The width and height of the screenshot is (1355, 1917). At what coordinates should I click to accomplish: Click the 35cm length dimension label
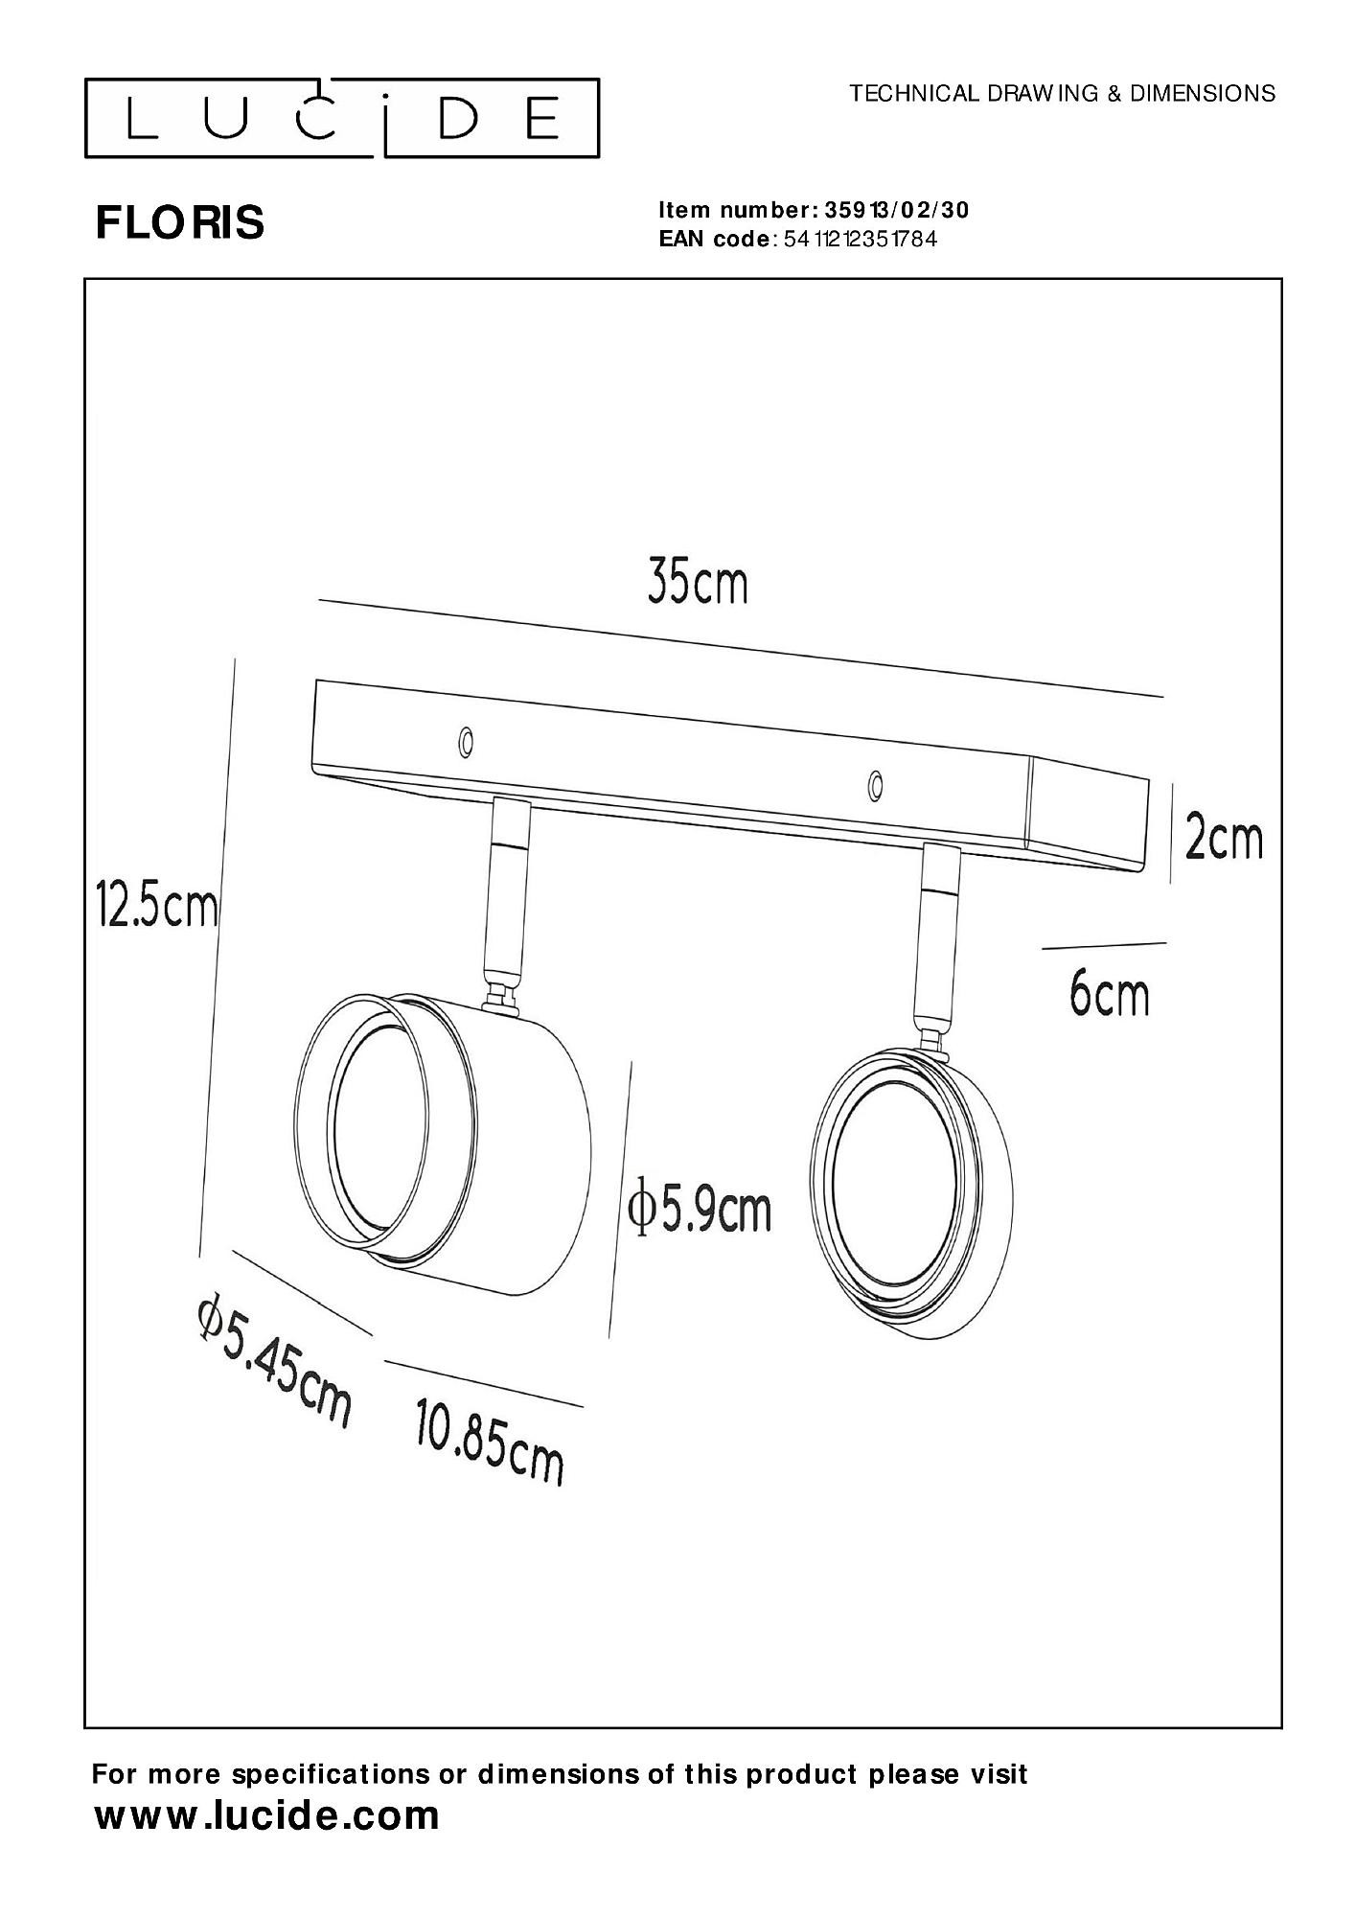tap(698, 583)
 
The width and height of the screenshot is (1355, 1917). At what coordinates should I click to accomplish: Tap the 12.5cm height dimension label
tap(157, 906)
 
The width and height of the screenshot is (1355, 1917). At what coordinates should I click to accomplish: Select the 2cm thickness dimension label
tap(1224, 839)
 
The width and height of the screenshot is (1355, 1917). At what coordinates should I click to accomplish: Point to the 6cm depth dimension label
tap(1109, 995)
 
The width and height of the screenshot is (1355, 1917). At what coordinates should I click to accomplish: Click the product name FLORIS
tap(179, 223)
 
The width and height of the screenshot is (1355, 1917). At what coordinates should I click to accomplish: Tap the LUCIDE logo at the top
tap(342, 118)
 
